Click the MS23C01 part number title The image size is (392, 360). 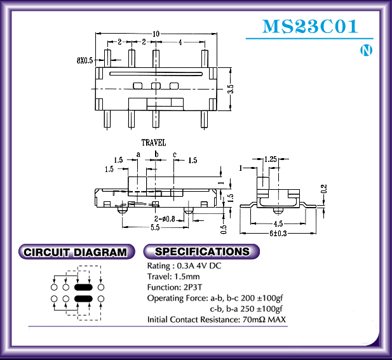click(310, 26)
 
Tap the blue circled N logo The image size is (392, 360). click(366, 50)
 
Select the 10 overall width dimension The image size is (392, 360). click(156, 34)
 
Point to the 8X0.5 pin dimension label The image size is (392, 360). click(84, 60)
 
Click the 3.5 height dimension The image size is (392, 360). click(231, 89)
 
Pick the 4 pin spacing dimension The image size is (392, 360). click(180, 43)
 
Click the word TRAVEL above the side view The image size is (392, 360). click(154, 143)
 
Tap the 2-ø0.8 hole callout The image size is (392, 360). click(165, 219)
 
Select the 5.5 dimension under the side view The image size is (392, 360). click(155, 227)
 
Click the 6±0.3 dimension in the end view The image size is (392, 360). click(278, 234)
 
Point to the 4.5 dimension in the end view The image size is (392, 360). click(278, 223)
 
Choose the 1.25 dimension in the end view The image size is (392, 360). click(271, 159)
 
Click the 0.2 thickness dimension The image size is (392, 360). click(324, 189)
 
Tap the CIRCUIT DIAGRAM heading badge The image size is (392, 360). click(76, 252)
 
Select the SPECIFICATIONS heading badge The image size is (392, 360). click(201, 251)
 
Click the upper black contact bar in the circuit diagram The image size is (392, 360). click(83, 287)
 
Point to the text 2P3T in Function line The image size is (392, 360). click(193, 287)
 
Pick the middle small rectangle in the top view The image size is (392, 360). click(156, 86)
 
